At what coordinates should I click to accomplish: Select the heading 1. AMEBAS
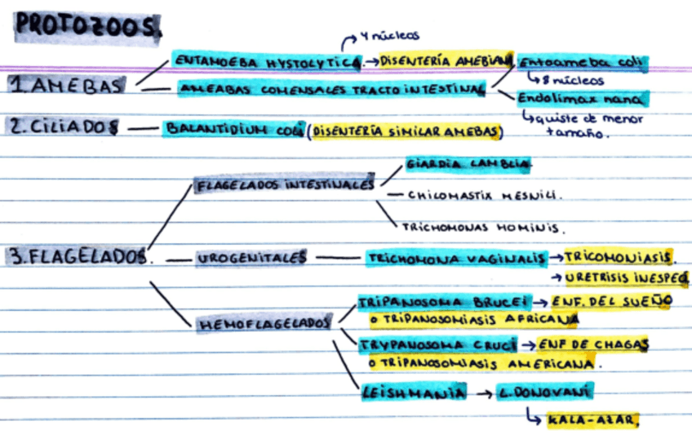coord(68,85)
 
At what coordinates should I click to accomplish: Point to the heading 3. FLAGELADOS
coord(80,256)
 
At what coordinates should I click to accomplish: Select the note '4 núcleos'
coord(389,36)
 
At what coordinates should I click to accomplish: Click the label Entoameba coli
coord(583,62)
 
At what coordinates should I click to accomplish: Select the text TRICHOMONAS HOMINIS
coord(483,228)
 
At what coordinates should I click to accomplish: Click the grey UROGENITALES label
coord(251,258)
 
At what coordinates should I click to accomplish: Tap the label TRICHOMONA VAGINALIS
coord(456,259)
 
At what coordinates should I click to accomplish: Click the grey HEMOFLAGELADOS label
coord(262,324)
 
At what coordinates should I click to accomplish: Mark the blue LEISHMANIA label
coord(414,393)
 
